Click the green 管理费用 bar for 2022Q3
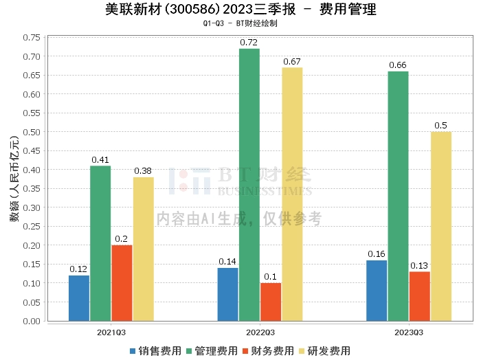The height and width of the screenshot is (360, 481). [x=249, y=185]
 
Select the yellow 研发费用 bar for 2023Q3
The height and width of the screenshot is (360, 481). [x=441, y=226]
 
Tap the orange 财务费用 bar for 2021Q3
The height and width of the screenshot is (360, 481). [x=122, y=282]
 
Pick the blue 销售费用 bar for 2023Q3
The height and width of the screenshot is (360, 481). [x=377, y=291]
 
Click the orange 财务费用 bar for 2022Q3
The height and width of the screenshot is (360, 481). [x=271, y=302]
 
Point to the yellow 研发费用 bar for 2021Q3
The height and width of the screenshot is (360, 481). [x=144, y=249]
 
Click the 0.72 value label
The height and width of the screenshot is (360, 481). [x=249, y=43]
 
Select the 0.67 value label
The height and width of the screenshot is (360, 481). [x=292, y=62]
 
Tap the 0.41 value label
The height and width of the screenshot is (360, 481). [x=101, y=160]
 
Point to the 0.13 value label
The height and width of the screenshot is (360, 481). [x=419, y=266]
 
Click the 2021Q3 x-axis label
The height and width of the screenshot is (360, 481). [x=111, y=332]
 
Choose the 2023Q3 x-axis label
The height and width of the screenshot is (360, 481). [x=409, y=332]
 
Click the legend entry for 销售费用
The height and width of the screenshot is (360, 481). [x=155, y=350]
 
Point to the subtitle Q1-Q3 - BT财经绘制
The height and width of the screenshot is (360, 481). [x=240, y=23]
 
